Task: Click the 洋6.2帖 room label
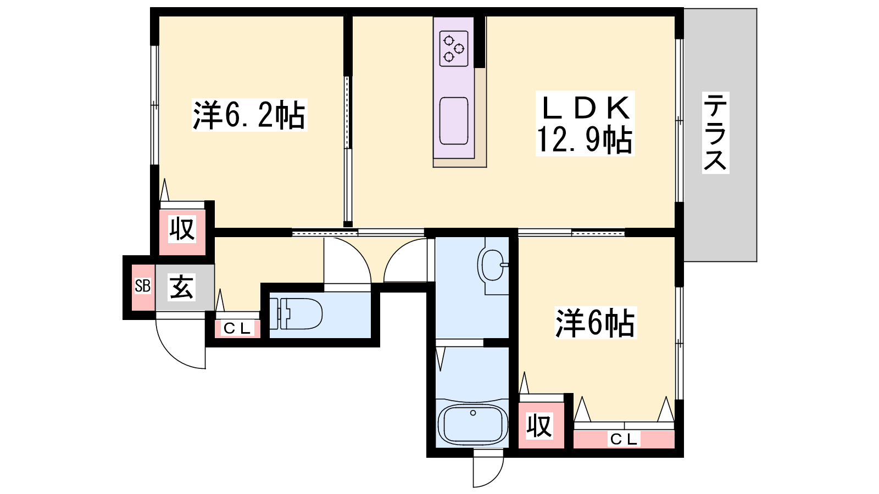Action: click(x=249, y=115)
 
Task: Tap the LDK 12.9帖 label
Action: click(x=585, y=123)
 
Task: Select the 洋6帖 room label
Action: click(x=596, y=323)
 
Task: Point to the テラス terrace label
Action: click(x=715, y=132)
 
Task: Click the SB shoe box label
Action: click(x=142, y=286)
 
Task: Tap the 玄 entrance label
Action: click(x=181, y=287)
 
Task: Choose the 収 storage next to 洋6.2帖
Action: click(x=182, y=229)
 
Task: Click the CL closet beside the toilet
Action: click(x=237, y=328)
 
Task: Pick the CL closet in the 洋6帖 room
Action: click(x=624, y=439)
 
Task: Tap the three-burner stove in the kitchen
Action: click(x=454, y=49)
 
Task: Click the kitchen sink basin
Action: click(x=454, y=121)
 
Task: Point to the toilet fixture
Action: click(x=296, y=313)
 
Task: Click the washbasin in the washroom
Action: click(x=491, y=265)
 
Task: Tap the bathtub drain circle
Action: click(x=473, y=413)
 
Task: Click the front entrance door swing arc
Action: click(x=173, y=353)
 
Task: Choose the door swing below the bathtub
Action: click(x=495, y=478)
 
